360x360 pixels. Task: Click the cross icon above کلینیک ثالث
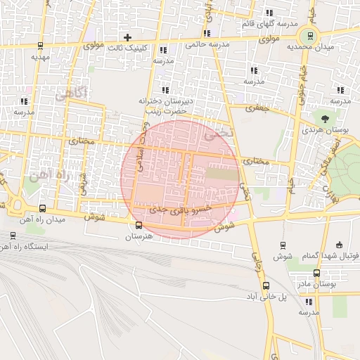coord(127,37)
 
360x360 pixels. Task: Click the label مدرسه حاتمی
coord(208,44)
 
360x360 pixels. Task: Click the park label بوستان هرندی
coord(323,130)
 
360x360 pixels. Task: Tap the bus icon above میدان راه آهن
coord(43,209)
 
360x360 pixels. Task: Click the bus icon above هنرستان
coord(138,226)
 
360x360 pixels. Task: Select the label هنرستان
coord(138,237)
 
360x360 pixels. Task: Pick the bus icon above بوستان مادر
coord(316,273)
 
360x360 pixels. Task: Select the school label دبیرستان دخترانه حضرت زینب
coord(164,106)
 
